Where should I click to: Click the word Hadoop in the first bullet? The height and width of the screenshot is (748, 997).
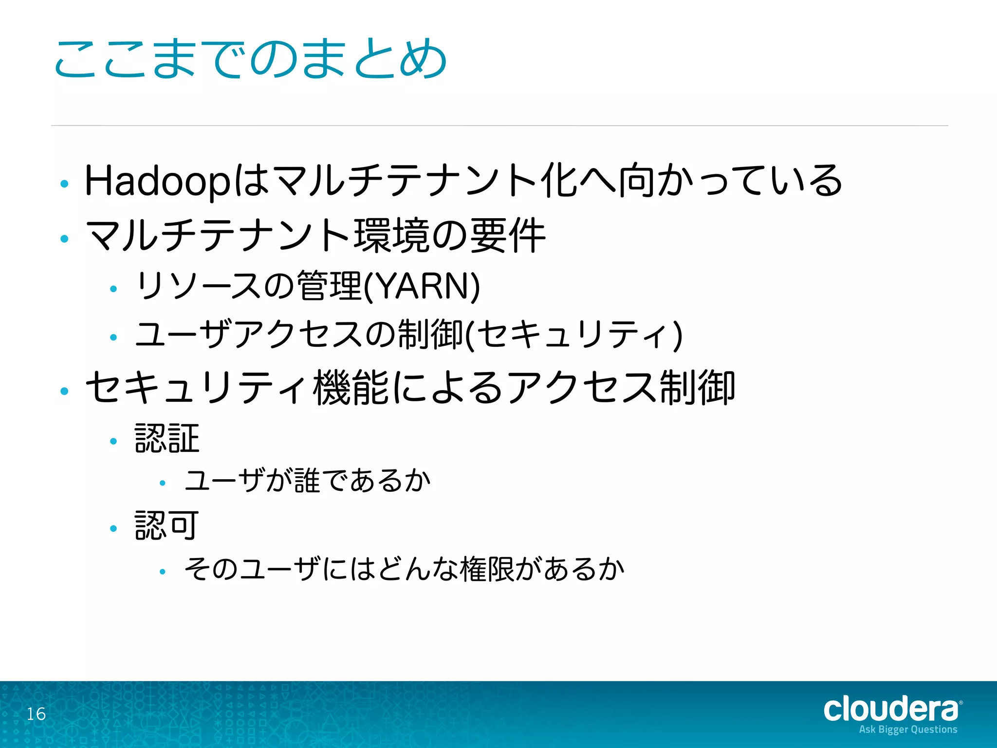coord(157,181)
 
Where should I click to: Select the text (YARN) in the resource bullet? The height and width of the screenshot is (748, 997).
coord(422,286)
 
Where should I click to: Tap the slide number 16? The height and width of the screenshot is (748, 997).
coord(36,714)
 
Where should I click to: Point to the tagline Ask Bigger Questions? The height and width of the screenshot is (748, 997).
coord(908,729)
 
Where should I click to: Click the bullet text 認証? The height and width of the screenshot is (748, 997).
coord(167,438)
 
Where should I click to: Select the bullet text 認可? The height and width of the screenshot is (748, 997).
coord(167,525)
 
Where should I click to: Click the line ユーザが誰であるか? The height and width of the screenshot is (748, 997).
coord(308,481)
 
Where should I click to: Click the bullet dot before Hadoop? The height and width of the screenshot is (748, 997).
coord(64,184)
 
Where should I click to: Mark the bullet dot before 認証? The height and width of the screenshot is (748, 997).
coord(114,441)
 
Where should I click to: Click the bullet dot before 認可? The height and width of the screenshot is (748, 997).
coord(114,528)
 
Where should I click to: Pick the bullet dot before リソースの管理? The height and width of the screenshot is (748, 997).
coord(114,289)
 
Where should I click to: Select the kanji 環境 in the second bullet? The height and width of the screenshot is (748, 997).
coord(392,235)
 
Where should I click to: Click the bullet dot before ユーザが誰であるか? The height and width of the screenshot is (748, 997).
coord(163,483)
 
